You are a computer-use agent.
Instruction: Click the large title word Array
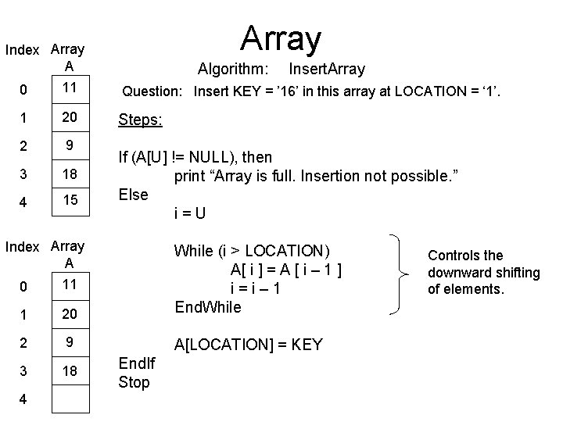click(x=281, y=37)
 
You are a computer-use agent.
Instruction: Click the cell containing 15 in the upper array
click(x=70, y=201)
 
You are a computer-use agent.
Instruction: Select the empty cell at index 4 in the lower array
click(x=70, y=399)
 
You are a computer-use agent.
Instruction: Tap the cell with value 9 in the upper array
click(x=70, y=145)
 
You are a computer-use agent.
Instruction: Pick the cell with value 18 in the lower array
click(x=70, y=371)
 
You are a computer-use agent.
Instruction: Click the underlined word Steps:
click(x=139, y=120)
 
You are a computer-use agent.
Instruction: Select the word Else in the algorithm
click(x=134, y=194)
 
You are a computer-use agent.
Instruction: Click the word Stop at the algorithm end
click(x=134, y=382)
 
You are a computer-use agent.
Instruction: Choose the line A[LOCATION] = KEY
click(x=248, y=345)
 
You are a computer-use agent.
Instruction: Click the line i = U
click(x=189, y=213)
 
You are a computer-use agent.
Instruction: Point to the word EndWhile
click(x=207, y=307)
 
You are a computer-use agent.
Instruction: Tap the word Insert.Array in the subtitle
click(x=326, y=69)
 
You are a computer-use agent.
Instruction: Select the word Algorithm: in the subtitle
click(x=234, y=69)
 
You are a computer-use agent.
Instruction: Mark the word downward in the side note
click(x=456, y=273)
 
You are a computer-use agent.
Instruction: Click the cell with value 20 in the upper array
click(x=70, y=116)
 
